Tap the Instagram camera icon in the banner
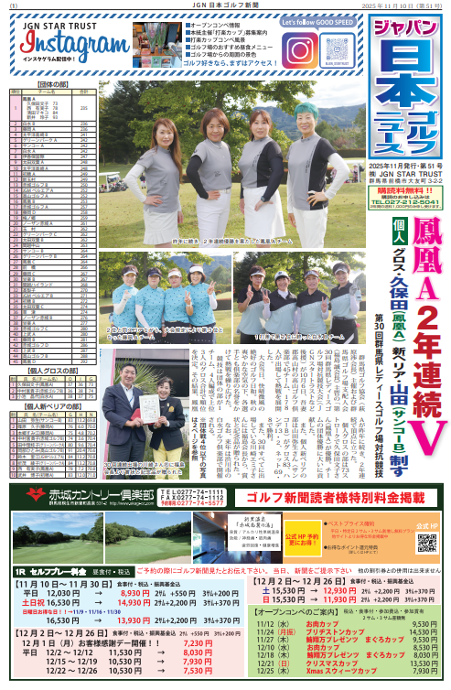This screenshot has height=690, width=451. click(299, 49)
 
